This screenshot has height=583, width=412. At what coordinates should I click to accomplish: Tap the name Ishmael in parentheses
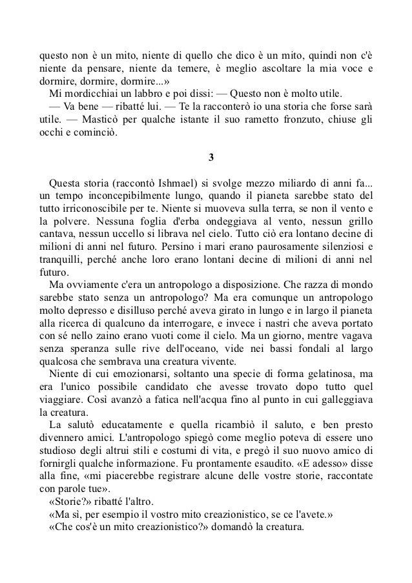pos(168,183)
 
